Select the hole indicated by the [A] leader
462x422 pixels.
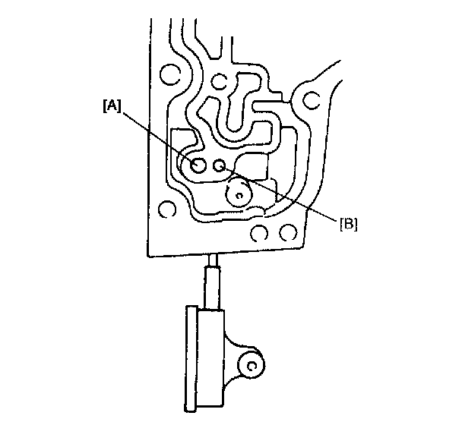pos(198,165)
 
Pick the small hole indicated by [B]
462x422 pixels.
pos(220,165)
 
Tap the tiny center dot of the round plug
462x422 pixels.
pos(239,195)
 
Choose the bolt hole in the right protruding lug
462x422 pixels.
pos(312,99)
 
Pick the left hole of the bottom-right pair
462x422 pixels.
pos(259,231)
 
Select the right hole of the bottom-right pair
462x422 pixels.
pos(286,231)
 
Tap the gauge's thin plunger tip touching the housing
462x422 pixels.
pos(214,262)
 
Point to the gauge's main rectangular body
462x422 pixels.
pos(209,356)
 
